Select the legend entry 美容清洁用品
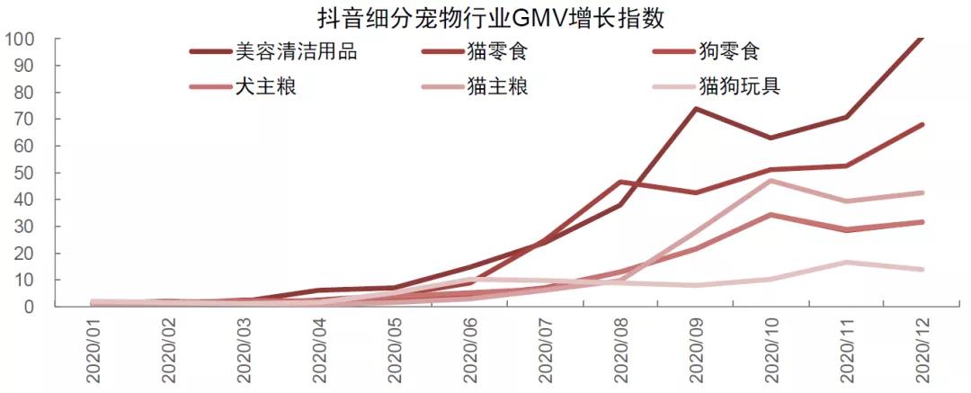coord(296,51)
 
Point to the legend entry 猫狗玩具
coord(740,87)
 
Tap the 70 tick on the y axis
coord(23,120)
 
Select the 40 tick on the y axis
coord(23,200)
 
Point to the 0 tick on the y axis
coord(29,307)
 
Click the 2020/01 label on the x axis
coord(98,353)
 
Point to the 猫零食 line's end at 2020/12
coord(922,125)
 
